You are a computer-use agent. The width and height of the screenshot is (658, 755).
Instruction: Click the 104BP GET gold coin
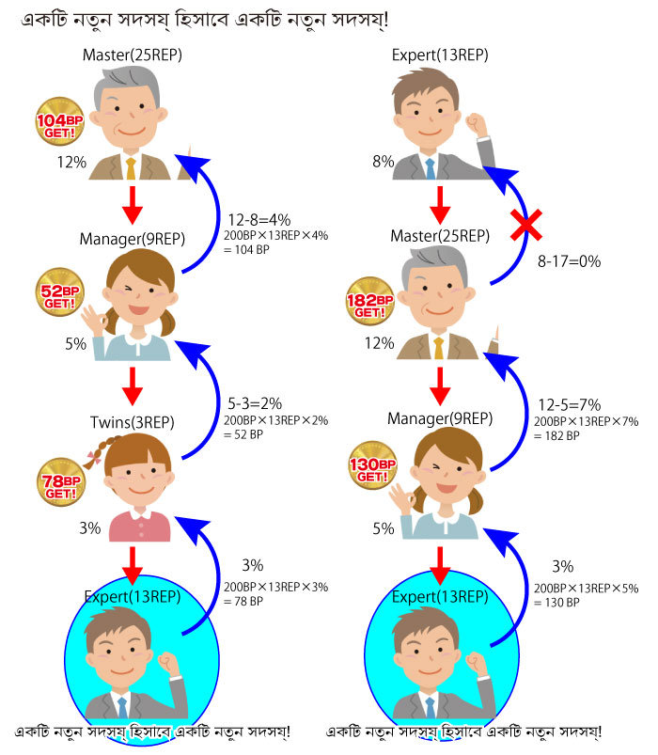(x=59, y=121)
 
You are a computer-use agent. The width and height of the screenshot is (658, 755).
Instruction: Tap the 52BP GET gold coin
(x=59, y=291)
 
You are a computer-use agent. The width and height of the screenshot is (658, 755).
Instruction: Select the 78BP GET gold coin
(x=61, y=481)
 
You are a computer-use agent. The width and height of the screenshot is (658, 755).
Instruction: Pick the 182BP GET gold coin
(x=370, y=301)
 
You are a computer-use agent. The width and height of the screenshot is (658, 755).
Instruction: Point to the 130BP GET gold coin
(x=372, y=465)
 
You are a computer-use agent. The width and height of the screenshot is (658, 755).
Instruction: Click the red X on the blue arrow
(x=526, y=225)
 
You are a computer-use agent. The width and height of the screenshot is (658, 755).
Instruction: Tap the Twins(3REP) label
(x=133, y=422)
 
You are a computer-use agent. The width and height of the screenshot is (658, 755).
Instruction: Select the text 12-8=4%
(x=258, y=220)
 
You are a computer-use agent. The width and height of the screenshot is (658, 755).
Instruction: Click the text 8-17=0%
(x=569, y=261)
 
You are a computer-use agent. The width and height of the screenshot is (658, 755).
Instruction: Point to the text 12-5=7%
(x=570, y=404)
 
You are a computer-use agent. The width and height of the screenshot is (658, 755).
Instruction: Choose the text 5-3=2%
(x=255, y=403)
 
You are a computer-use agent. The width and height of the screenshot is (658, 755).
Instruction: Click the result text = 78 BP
(x=243, y=601)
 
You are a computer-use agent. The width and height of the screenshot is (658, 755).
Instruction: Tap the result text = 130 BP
(x=556, y=603)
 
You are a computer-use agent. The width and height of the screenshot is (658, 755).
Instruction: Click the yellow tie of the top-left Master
(x=131, y=168)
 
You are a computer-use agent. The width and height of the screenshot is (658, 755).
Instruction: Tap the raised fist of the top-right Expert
(x=476, y=125)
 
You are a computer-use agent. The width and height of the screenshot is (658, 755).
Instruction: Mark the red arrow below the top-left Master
(x=133, y=206)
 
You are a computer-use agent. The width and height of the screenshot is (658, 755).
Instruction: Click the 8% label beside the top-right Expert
(x=384, y=162)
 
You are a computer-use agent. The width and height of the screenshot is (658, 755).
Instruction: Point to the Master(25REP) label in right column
(x=440, y=236)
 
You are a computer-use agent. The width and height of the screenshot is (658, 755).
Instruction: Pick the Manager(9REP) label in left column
(x=133, y=239)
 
